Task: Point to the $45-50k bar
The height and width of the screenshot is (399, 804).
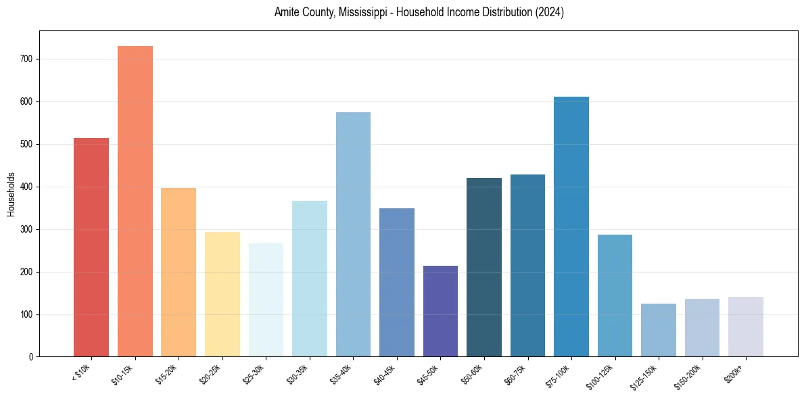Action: [x=440, y=311]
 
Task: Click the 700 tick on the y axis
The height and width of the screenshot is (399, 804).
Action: [x=29, y=60]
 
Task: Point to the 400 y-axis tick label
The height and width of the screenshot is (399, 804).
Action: [x=29, y=187]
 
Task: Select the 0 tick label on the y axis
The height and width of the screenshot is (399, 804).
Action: [x=32, y=357]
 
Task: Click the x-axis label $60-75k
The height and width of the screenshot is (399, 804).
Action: [x=515, y=374]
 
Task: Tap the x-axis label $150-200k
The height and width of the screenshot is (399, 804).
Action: [x=688, y=376]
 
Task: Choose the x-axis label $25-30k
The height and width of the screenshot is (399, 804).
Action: [x=254, y=374]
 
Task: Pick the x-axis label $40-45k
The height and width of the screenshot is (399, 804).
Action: [x=384, y=374]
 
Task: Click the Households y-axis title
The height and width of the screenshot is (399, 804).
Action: [x=11, y=193]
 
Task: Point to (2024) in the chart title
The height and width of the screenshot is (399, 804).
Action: [x=549, y=12]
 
